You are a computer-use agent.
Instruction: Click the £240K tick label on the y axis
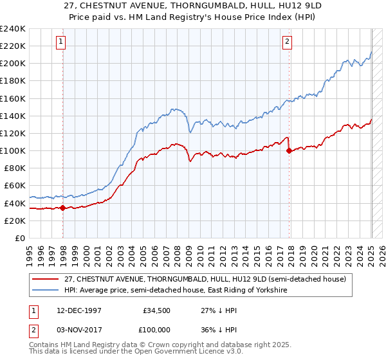(13, 29)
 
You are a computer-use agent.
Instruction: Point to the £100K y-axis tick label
(13, 150)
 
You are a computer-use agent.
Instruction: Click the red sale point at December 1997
(63, 208)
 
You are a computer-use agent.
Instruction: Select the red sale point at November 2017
(289, 151)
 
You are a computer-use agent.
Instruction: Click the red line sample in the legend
(46, 279)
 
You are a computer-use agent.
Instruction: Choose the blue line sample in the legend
(46, 291)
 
